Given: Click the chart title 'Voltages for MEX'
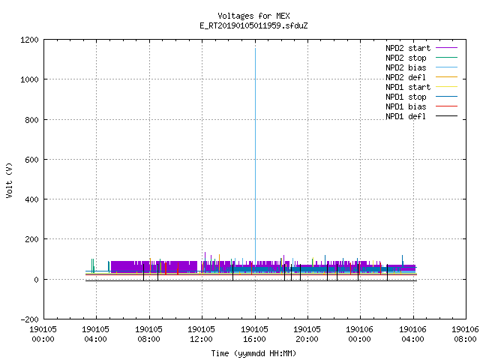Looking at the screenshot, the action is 253,16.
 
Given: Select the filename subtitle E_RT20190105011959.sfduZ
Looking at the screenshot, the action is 253,25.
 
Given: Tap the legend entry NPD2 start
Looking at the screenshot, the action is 408,48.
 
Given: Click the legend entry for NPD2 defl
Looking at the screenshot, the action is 406,77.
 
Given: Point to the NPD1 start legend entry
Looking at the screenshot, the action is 408,87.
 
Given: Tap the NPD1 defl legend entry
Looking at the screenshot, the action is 406,117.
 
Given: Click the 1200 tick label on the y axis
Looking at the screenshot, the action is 29,40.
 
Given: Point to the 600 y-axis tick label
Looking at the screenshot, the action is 31,160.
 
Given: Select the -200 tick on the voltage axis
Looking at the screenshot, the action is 29,319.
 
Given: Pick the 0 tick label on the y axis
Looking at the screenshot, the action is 37,280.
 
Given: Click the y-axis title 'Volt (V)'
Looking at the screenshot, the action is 9,180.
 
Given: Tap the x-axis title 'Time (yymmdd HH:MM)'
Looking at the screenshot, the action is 253,353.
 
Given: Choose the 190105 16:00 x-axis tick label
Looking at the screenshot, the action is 254,334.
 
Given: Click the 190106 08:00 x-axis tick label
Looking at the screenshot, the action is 466,334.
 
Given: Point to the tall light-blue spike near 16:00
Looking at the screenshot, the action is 255,156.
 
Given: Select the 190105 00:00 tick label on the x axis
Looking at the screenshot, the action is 43,334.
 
